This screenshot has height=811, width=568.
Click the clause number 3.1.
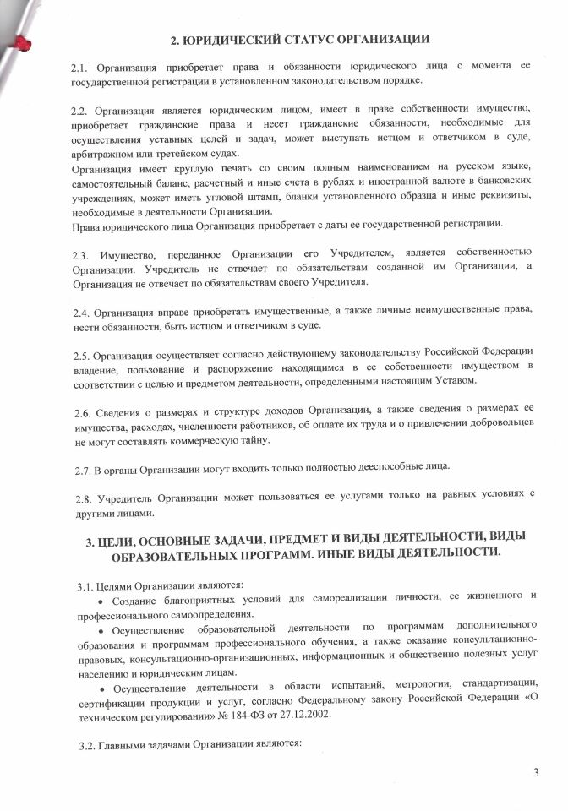coord(83,585)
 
